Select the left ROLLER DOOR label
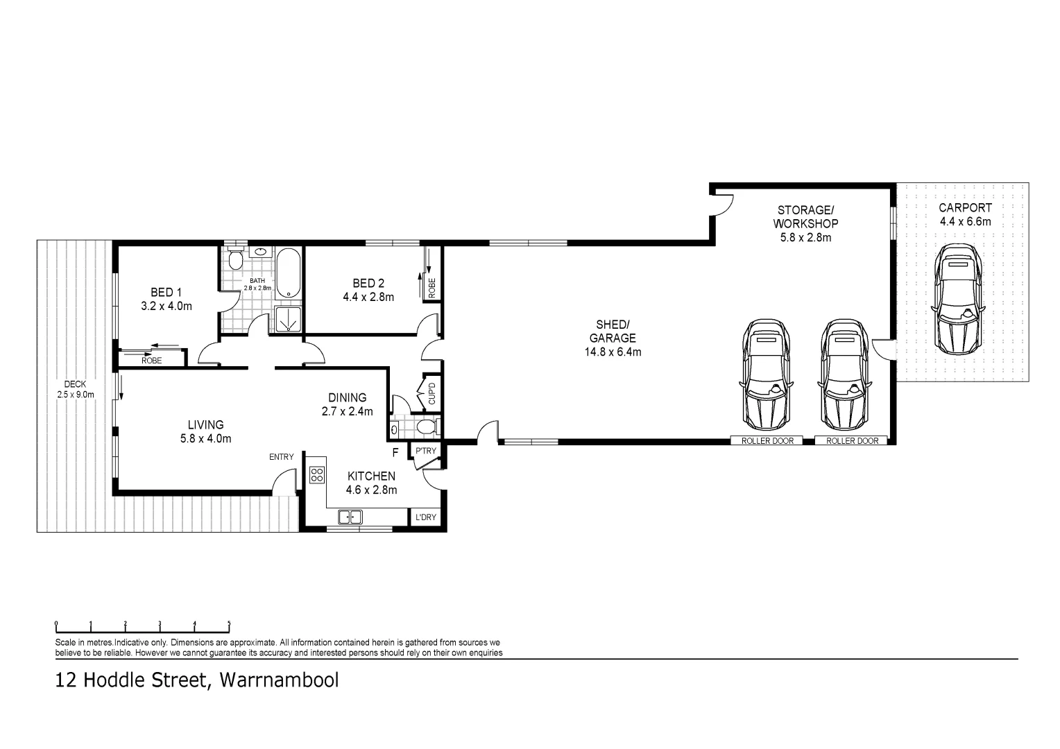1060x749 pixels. click(x=767, y=441)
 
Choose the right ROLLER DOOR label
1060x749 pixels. click(x=852, y=441)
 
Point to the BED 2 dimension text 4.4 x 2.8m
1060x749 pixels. click(x=368, y=298)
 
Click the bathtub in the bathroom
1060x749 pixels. click(x=287, y=273)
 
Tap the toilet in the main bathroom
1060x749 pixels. click(x=236, y=261)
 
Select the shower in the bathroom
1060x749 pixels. click(x=286, y=320)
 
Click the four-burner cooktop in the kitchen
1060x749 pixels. click(x=316, y=475)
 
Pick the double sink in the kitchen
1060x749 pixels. click(x=350, y=517)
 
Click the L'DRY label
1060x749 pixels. click(x=425, y=517)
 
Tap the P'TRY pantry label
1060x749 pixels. click(x=425, y=451)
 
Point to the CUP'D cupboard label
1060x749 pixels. click(x=431, y=393)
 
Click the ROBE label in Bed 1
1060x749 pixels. click(x=151, y=361)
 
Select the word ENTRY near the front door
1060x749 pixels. click(x=282, y=457)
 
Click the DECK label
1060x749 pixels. click(x=75, y=384)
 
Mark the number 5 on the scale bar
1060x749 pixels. click(x=229, y=623)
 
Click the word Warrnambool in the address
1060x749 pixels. click(x=279, y=680)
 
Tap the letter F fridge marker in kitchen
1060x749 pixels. click(x=395, y=454)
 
